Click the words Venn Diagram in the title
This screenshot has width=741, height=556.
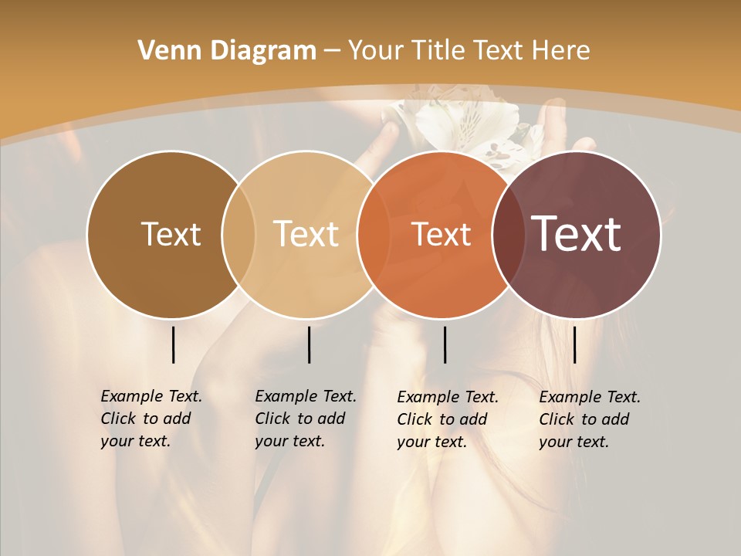pos(227,51)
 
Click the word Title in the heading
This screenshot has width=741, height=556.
pos(439,51)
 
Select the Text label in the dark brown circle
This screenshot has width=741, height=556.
pos(171,235)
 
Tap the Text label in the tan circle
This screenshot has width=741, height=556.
pos(306,235)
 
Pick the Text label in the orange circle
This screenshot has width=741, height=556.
pos(442,235)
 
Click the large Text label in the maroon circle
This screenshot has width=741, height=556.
pos(577,233)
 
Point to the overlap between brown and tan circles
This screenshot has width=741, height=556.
pos(239,235)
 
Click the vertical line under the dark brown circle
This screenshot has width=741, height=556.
pos(173,344)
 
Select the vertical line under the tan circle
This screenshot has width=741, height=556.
pos(309,344)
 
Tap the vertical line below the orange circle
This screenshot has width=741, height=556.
pos(445,344)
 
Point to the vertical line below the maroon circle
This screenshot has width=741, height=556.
pos(574,344)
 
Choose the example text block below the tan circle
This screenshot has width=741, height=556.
pos(306,419)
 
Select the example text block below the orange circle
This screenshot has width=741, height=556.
pos(448,419)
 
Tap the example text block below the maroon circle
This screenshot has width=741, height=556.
pos(590,419)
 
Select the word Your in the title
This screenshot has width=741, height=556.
pos(377,51)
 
